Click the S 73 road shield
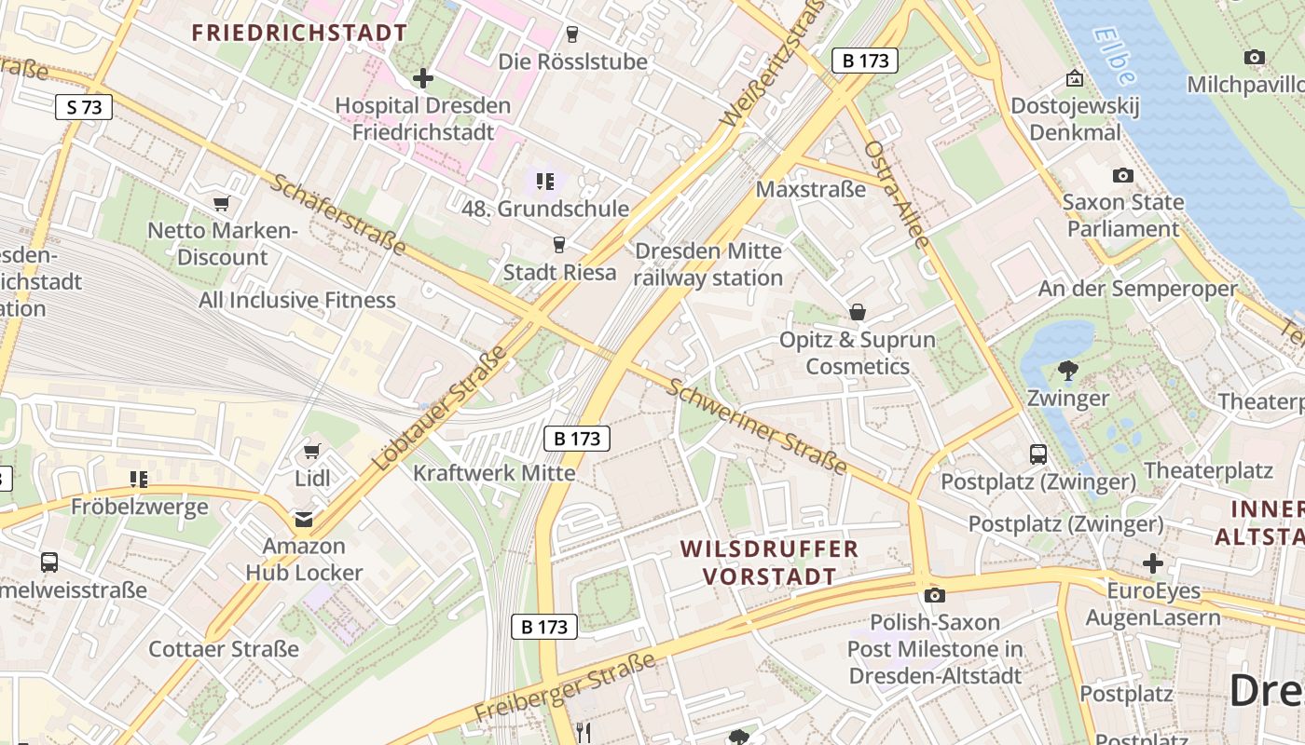coord(84,107)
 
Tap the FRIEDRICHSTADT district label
coord(299,33)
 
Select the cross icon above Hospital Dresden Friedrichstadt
coord(423,78)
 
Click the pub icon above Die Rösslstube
coord(572,34)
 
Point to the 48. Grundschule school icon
coord(544,181)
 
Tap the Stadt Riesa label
coord(559,272)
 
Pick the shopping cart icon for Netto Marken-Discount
coord(221,203)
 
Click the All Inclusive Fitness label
coord(297,300)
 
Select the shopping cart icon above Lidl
coord(311,452)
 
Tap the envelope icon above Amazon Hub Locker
coord(304,519)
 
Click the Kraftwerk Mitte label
coord(494,472)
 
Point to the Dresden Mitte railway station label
coord(708,264)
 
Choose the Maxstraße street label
coord(810,189)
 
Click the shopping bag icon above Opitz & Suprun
coord(858,312)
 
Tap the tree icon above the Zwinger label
coord(1067,372)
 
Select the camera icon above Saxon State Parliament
coord(1123,175)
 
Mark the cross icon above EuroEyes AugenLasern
coord(1153,563)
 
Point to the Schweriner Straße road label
coord(756,426)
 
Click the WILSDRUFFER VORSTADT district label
coord(769,562)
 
